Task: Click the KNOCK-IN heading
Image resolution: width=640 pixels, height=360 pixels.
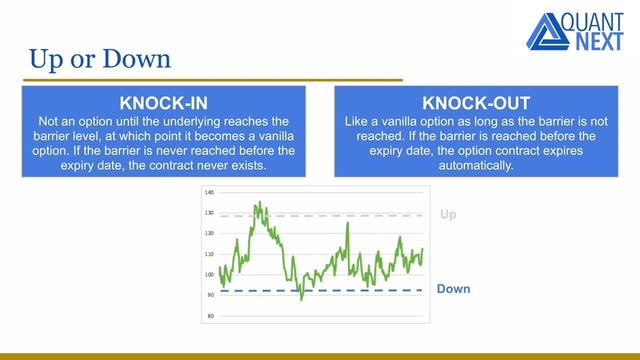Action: coord(162,103)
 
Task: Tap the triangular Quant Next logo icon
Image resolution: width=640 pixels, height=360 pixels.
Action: coord(547,32)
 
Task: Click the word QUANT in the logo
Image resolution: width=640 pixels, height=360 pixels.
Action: coord(597,22)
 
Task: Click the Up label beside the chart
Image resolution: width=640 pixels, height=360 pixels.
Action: coord(448,214)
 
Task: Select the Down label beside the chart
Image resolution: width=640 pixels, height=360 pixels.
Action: coord(453,289)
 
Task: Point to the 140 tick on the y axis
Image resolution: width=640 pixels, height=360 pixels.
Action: coord(209,191)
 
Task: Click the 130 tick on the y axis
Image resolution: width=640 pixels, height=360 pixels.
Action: coord(209,212)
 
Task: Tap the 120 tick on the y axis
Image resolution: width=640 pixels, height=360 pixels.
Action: coord(209,233)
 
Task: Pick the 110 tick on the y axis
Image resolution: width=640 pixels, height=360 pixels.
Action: coord(209,254)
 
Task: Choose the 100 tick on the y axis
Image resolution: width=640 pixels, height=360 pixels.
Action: coord(209,275)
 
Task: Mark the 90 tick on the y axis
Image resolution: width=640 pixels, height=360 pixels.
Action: coord(210,296)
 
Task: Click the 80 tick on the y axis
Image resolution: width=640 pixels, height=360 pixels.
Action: coord(210,317)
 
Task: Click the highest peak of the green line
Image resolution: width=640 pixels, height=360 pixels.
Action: coord(257,202)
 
